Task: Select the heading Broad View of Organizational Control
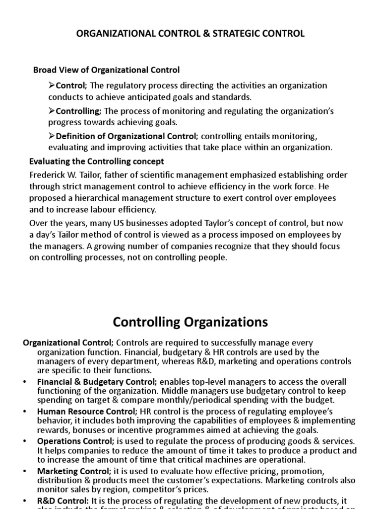(106, 70)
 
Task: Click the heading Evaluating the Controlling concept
(96, 162)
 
